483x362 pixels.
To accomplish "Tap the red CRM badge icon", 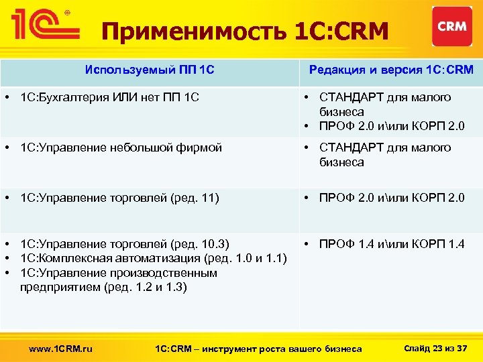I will (451, 27).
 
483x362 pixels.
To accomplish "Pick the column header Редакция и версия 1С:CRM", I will (390, 70).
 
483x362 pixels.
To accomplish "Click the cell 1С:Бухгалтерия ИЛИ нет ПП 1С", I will (109, 98).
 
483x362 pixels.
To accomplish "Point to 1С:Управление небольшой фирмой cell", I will (121, 148).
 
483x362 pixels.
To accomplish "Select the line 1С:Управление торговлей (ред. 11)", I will (119, 198).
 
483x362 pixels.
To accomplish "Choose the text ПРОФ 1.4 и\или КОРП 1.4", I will (391, 244).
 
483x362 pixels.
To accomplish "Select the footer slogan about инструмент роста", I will (258, 349).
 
